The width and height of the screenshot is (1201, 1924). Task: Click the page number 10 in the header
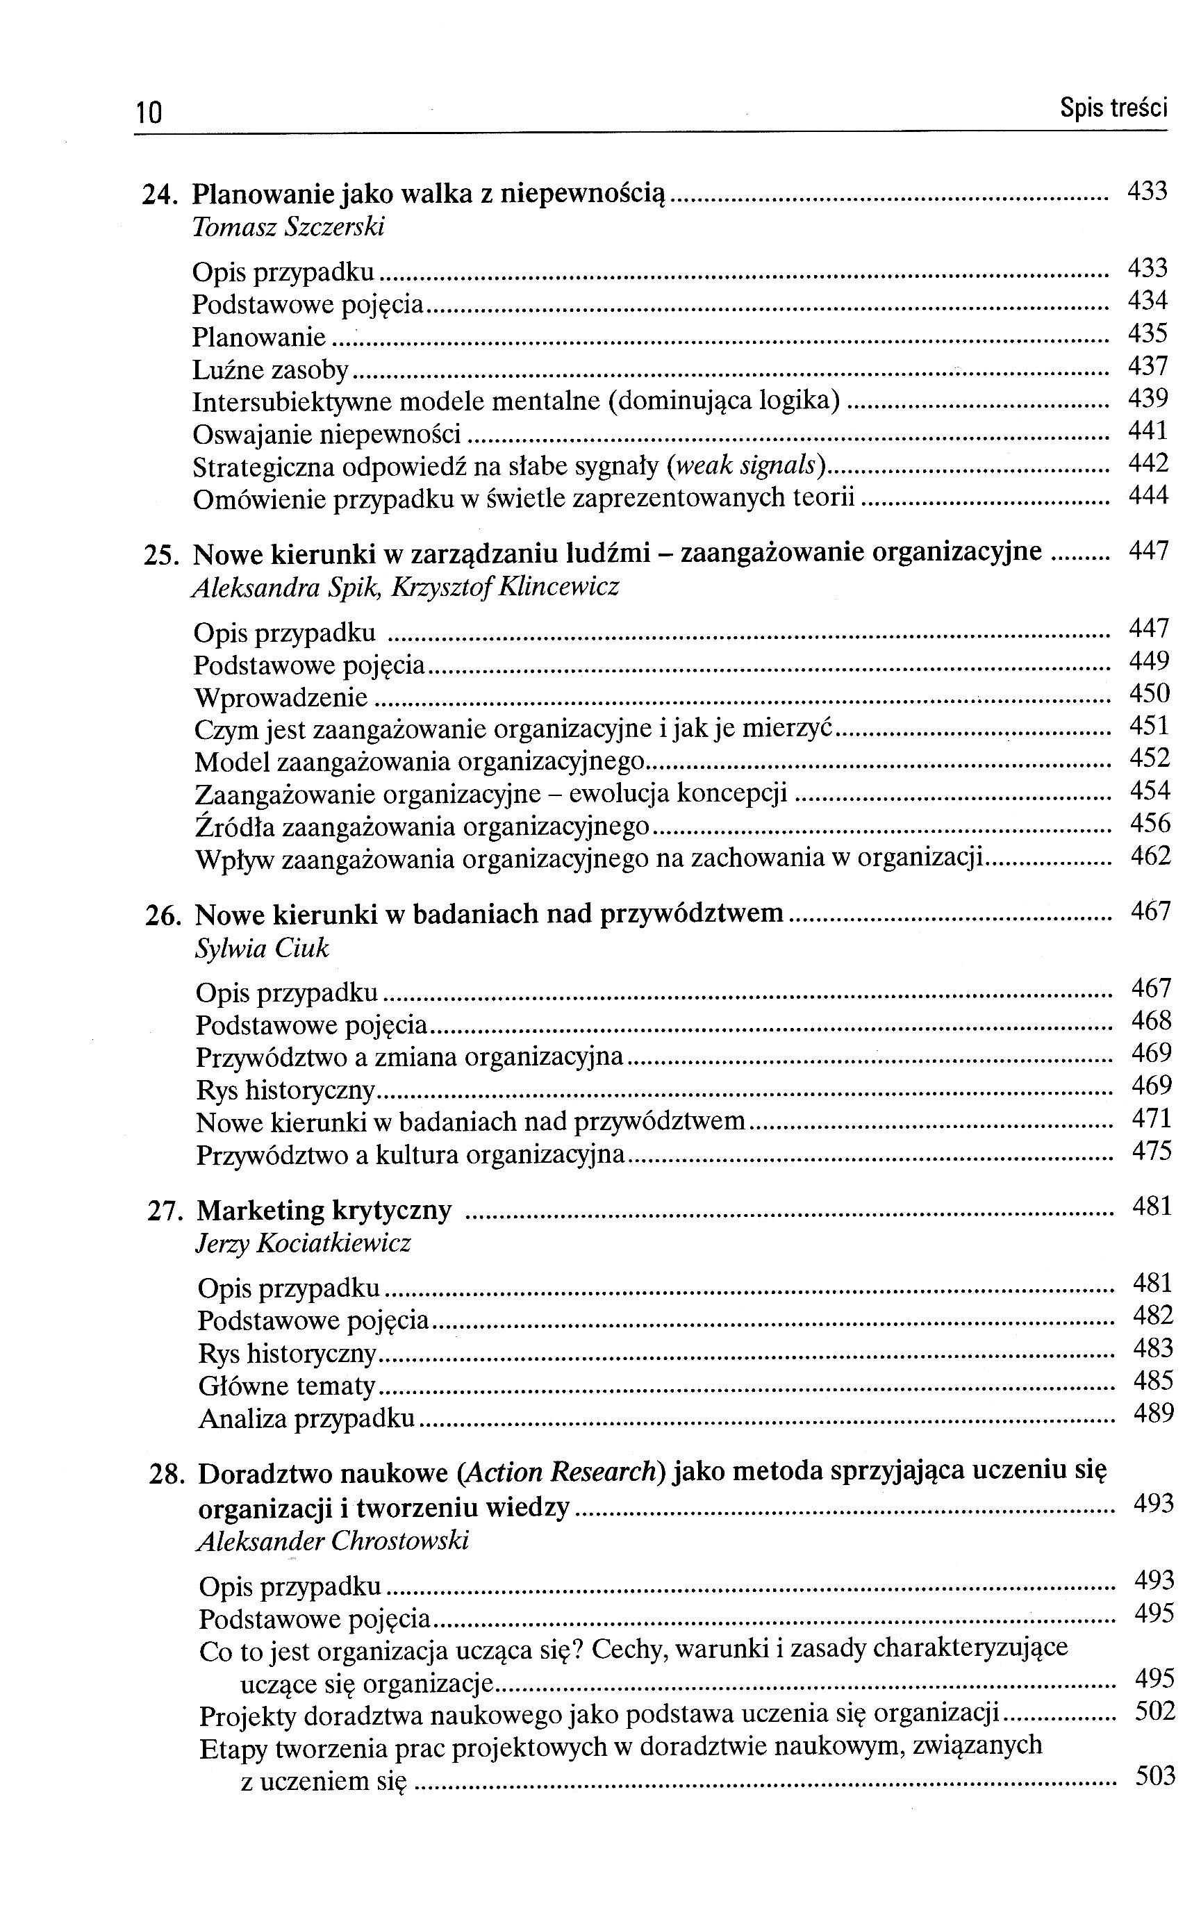[149, 113]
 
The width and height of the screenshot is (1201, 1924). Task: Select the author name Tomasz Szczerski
[288, 228]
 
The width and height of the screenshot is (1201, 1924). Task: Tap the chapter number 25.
[163, 554]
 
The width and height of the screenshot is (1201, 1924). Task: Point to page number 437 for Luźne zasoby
[1148, 366]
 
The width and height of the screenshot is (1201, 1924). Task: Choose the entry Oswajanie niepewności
[326, 435]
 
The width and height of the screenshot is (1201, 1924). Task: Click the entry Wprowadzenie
[281, 698]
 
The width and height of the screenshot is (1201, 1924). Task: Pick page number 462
[1151, 856]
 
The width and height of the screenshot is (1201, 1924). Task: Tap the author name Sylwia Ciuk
[261, 948]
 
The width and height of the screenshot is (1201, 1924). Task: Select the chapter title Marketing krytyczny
[324, 1211]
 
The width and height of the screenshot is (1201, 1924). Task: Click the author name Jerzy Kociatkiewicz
[304, 1243]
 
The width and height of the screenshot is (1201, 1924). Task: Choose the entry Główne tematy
[287, 1386]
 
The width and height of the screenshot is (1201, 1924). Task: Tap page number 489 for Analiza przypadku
[1153, 1413]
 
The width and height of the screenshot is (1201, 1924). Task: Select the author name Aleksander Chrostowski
[333, 1541]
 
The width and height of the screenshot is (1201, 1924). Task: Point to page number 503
[1155, 1775]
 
